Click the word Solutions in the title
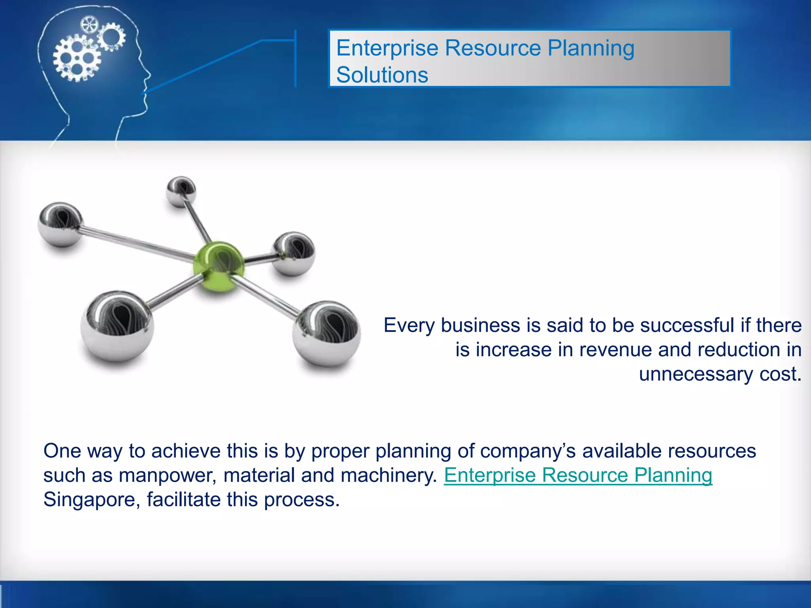[x=382, y=75]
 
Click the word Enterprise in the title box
[x=387, y=48]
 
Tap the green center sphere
[x=219, y=266]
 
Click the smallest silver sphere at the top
[x=181, y=191]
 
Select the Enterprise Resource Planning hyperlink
[x=578, y=475]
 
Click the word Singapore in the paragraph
[x=91, y=500]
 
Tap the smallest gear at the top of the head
[x=89, y=25]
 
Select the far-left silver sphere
[x=60, y=224]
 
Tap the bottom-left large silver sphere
[x=117, y=325]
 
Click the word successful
[x=687, y=325]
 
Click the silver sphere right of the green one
[x=294, y=253]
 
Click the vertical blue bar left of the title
[x=295, y=58]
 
